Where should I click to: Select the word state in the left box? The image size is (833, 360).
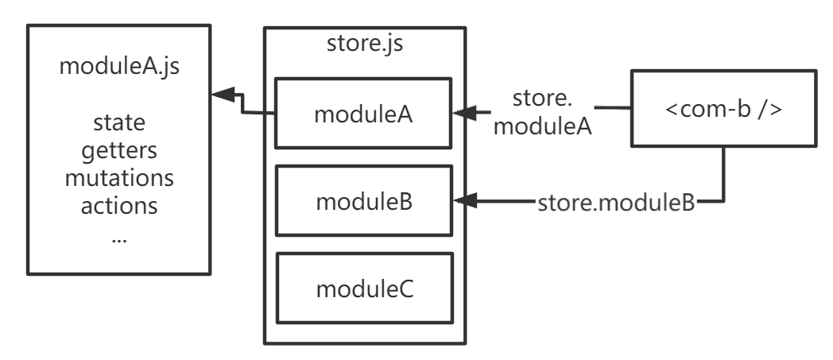pos(119,122)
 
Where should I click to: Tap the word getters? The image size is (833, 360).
pos(119,151)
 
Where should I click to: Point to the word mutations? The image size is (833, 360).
pos(119,178)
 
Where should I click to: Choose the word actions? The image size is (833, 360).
pos(119,206)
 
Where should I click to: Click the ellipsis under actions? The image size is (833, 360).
pos(119,240)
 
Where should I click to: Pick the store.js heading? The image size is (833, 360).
pos(365,44)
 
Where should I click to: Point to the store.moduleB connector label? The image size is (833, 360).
pos(616,203)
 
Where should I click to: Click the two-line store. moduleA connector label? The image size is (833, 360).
pos(542,113)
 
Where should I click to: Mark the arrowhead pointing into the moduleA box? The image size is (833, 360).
pos(464,113)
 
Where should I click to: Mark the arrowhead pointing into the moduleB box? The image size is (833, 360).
pos(465,201)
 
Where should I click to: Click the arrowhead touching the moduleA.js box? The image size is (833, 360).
pos(223,95)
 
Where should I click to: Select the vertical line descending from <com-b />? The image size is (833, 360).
pos(723,173)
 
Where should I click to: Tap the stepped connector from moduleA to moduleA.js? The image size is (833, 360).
pos(242,103)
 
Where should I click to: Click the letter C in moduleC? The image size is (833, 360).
pos(406,289)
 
